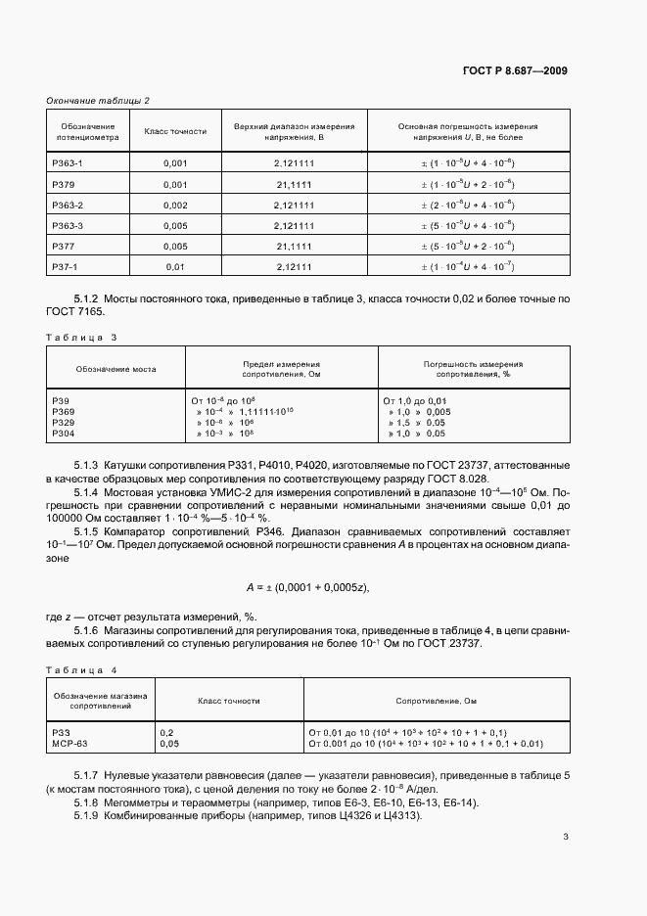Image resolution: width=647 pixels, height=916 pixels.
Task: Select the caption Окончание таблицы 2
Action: (x=98, y=101)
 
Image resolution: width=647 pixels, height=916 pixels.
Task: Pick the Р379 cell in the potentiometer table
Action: (x=63, y=184)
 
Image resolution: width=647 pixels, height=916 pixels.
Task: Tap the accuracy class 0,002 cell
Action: (x=175, y=205)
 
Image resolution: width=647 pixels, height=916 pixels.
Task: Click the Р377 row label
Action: (x=63, y=246)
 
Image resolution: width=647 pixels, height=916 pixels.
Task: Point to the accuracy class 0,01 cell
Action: (x=175, y=266)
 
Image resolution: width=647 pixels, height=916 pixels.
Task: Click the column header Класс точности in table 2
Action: (x=175, y=131)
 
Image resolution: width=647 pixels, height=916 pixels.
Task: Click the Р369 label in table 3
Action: (x=63, y=412)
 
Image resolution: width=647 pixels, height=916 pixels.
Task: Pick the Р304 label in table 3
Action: (x=63, y=433)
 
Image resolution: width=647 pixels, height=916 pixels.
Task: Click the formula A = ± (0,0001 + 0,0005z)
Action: (x=307, y=587)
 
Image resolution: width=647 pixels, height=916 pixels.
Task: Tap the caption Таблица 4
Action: (x=81, y=669)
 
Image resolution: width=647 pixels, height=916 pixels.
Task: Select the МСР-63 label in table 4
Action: (x=69, y=744)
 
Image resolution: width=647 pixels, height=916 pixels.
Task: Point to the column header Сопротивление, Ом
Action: (x=436, y=701)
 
